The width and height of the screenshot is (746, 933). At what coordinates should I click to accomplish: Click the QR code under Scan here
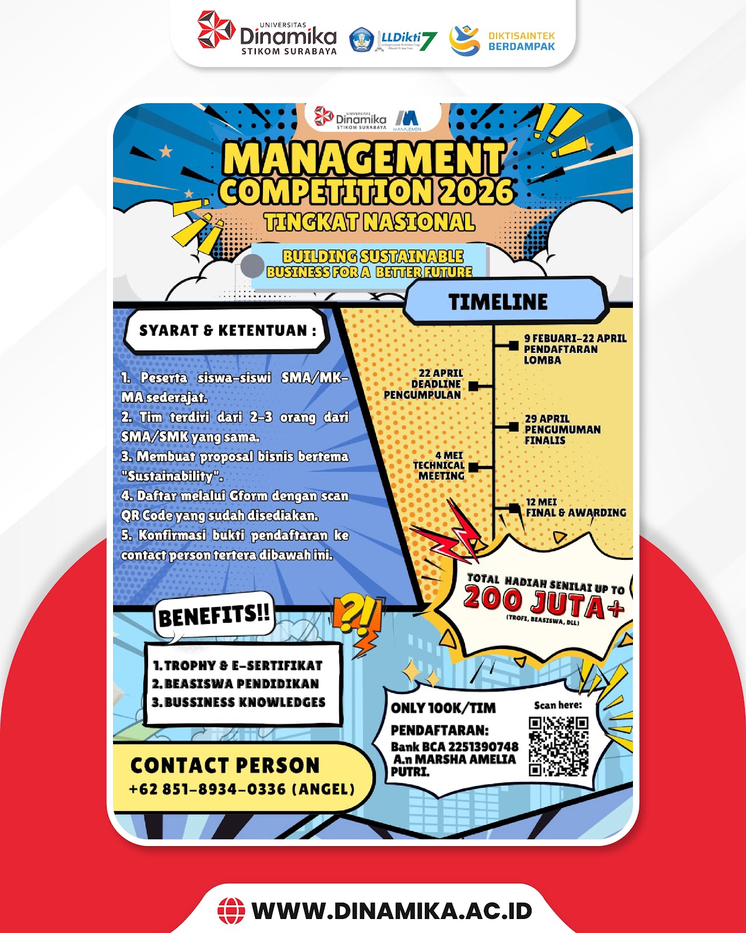click(x=558, y=746)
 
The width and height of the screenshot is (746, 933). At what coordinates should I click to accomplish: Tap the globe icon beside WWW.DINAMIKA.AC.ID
click(x=231, y=911)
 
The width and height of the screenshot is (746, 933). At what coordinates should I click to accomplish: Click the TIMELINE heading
click(x=498, y=301)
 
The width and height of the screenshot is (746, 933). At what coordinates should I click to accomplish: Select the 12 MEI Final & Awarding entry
click(x=576, y=507)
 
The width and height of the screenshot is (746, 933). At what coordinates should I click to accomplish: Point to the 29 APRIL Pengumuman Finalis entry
click(x=562, y=429)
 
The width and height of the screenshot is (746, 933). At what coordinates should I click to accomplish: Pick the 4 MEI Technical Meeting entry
click(x=439, y=466)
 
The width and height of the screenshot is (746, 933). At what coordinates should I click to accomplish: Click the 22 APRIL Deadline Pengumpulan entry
click(x=423, y=384)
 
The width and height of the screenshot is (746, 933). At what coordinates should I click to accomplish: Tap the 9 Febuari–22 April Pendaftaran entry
click(x=575, y=349)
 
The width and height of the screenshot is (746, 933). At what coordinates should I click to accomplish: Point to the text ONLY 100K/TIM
click(x=443, y=708)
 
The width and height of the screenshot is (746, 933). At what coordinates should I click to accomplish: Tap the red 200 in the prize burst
click(x=493, y=599)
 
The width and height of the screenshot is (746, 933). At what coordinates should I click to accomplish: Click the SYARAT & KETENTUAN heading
click(x=227, y=331)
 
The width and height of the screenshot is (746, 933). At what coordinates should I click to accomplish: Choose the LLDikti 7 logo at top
click(x=393, y=40)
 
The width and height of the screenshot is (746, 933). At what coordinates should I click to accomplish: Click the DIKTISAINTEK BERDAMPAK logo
click(x=502, y=41)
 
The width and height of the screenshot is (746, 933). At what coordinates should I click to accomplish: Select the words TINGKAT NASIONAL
click(x=370, y=222)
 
